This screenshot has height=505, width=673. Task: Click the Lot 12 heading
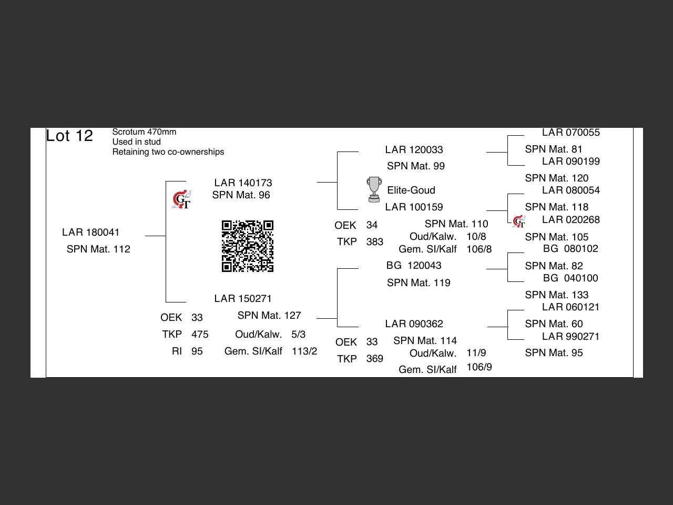69,136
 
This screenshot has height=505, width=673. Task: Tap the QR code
248,246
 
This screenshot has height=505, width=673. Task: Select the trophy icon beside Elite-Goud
374,189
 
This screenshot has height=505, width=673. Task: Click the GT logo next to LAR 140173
182,200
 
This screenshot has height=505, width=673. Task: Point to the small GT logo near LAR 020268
519,221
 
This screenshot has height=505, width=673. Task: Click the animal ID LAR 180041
90,233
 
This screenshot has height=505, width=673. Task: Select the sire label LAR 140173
243,183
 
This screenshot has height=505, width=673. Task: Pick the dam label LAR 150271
243,299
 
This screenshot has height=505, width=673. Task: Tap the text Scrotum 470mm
144,132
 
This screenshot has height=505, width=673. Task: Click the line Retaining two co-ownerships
168,152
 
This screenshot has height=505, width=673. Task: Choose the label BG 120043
414,266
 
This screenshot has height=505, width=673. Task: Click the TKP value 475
200,335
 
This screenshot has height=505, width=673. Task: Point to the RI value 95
197,351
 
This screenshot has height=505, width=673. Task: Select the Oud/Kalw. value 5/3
298,335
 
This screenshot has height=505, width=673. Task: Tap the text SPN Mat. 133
556,295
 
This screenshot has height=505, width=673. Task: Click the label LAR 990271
570,337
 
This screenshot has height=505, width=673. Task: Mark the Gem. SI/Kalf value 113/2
304,351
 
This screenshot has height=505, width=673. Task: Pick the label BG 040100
570,278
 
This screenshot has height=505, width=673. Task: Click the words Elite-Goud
411,190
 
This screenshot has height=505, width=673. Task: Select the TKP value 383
375,242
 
